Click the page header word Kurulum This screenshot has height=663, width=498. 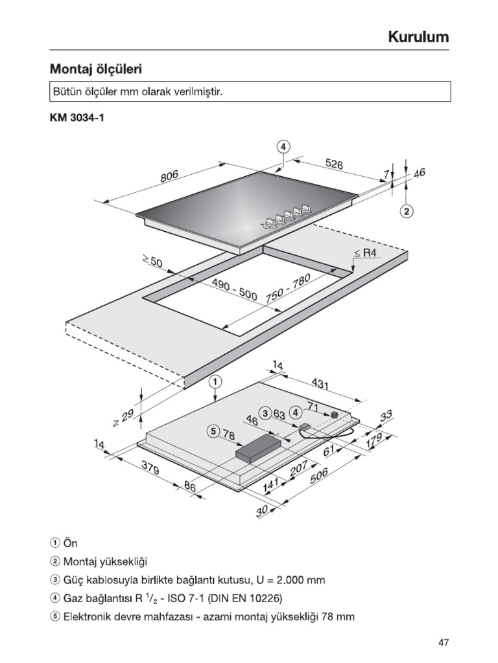[x=418, y=37]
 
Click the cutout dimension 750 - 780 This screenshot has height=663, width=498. [x=289, y=288]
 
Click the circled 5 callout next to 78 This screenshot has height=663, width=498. [x=215, y=432]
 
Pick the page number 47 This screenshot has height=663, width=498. [x=443, y=642]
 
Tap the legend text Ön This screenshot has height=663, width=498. [x=70, y=543]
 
